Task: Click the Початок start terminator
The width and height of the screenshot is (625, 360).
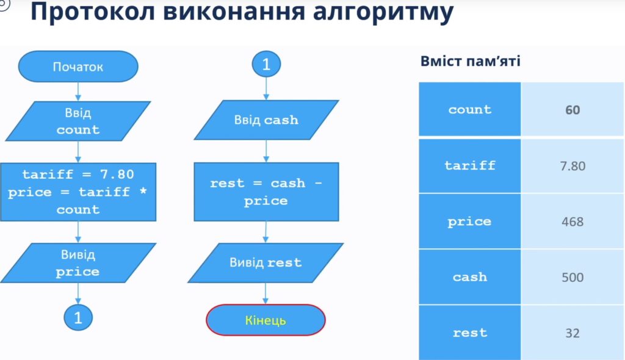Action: pos(78,67)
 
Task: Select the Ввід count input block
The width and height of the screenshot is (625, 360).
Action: pos(78,121)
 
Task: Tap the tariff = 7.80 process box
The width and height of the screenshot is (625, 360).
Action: pos(78,192)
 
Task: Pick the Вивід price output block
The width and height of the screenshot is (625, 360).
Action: pos(78,263)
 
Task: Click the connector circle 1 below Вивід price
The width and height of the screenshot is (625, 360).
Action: pos(78,317)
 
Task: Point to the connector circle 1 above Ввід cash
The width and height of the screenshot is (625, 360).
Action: pos(266,64)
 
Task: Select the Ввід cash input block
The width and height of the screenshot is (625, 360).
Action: pos(266,120)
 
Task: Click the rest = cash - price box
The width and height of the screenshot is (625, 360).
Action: pos(266,192)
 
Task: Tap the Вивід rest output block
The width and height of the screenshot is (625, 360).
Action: pos(266,263)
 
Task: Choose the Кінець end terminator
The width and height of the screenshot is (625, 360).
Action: pos(266,320)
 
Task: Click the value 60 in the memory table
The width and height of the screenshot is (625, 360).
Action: pos(573,110)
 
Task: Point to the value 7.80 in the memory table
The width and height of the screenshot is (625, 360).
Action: pos(573,166)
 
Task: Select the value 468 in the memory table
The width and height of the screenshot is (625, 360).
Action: pos(573,221)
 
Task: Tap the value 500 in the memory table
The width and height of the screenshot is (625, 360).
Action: pos(573,278)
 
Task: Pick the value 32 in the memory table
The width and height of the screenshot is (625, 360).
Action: pos(573,333)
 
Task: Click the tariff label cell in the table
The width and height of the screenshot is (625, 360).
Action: pos(470,166)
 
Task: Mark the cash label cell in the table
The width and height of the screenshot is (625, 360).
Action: pos(470,277)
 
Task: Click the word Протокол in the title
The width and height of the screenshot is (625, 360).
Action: pos(93,12)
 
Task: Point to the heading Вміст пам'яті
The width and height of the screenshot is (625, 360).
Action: pos(471,62)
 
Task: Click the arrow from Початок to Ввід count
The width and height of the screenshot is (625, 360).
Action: pos(78,92)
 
